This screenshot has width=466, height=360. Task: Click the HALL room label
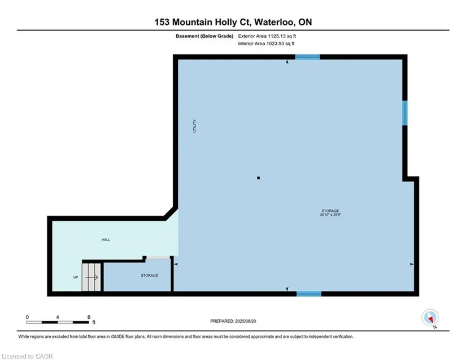coord(106,240)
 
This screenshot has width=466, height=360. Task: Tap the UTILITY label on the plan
coord(195,126)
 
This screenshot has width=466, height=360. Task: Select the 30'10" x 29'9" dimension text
coord(330,215)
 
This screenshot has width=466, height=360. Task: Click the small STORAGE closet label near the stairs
coord(149,276)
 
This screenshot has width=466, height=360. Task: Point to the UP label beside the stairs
coord(76,277)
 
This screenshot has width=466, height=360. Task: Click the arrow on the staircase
coord(92,277)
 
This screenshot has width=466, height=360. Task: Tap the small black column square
coord(259,178)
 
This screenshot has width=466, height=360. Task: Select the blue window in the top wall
coord(307,57)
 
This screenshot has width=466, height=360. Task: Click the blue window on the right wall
coord(405,113)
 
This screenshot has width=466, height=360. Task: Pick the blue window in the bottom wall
coord(309,294)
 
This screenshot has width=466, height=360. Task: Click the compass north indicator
coord(430,318)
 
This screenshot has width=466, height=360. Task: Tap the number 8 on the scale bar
coord(89,317)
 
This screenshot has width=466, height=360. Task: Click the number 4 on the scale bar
coord(58,317)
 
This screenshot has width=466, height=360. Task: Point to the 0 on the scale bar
coord(27,317)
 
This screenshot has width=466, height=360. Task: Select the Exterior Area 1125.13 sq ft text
coord(267,36)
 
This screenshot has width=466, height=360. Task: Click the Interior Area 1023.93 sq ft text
coord(266,44)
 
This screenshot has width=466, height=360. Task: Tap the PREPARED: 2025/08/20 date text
coord(233,321)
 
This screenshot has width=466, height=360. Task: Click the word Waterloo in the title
coord(275,22)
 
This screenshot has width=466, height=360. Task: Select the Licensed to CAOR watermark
coord(27,356)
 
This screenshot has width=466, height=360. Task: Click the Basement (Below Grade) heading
coord(204,36)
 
